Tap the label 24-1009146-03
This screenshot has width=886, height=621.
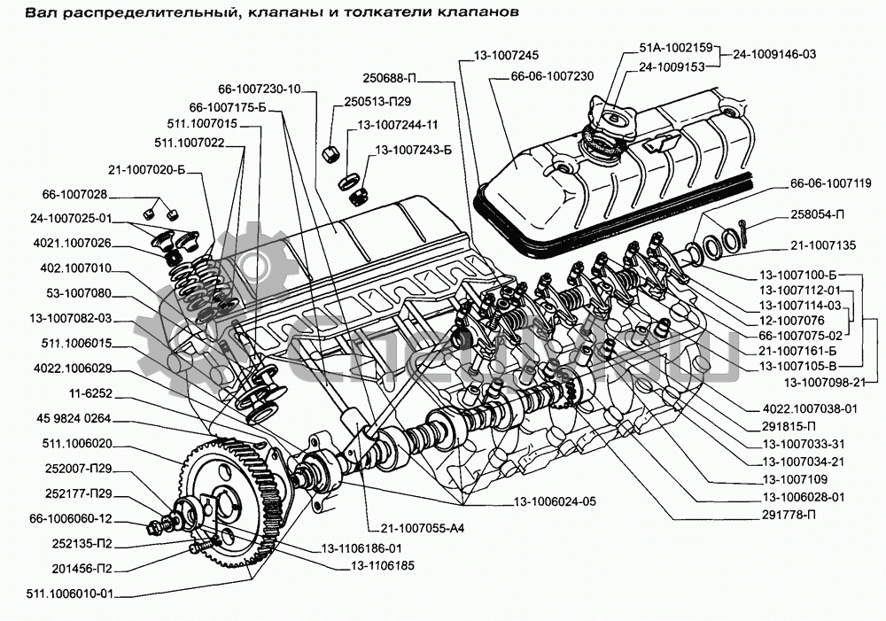[x=774, y=55]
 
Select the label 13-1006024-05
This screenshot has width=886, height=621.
[x=554, y=501]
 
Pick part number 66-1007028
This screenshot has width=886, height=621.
[x=74, y=195]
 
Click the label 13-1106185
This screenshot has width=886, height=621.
[x=382, y=564]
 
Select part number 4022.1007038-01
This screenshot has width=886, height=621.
[x=810, y=408]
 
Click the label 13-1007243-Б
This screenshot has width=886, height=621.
[x=414, y=150]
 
